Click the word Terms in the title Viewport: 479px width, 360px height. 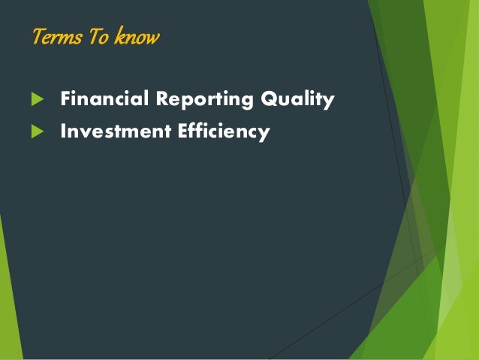click(x=57, y=36)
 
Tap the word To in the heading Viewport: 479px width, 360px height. click(x=98, y=36)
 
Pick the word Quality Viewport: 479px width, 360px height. click(x=297, y=100)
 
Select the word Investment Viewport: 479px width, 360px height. click(x=108, y=132)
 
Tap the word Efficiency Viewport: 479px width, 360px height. click(x=224, y=132)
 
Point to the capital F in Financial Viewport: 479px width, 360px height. click(x=65, y=99)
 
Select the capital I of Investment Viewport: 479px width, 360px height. click(x=64, y=132)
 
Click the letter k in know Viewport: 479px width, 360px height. click(x=119, y=36)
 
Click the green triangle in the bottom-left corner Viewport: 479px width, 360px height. click(x=9, y=301)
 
